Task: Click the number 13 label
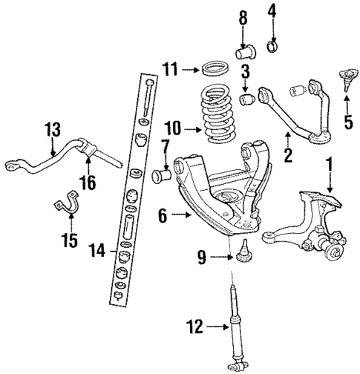tap(52, 129)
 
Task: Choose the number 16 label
tap(88, 183)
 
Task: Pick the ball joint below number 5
tap(344, 76)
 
